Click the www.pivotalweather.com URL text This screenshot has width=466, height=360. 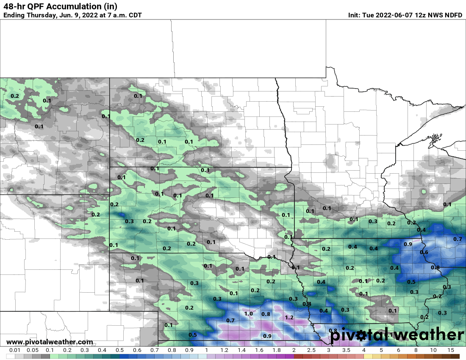(50, 342)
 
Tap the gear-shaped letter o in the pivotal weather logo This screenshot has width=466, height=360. (361, 335)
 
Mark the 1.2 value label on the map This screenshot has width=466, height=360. (289, 317)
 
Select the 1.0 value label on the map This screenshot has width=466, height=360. (249, 314)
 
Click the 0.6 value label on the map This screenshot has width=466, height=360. (424, 252)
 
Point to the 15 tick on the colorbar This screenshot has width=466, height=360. (451, 350)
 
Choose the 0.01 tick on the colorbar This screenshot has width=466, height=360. (15, 350)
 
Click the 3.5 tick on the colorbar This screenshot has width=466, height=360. (346, 350)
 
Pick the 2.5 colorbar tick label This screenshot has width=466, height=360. (311, 350)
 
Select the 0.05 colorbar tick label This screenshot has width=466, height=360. (32, 350)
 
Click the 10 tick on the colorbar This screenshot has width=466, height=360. (433, 350)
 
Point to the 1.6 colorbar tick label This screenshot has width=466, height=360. (258, 350)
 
